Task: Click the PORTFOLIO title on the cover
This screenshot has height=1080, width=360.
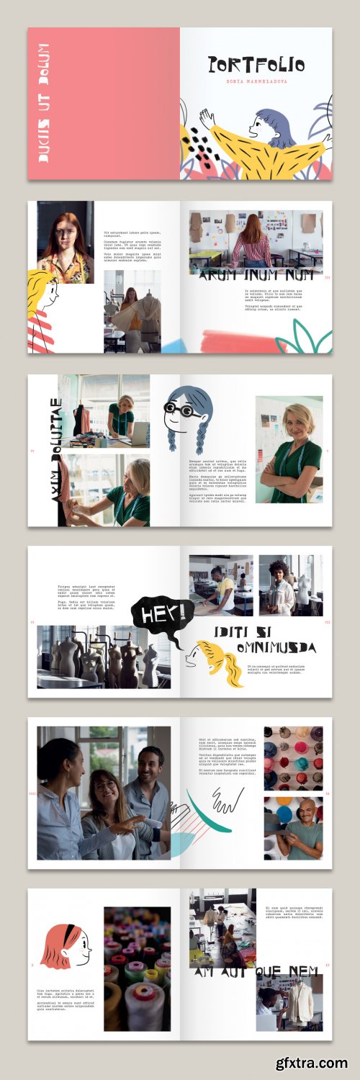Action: tap(256, 66)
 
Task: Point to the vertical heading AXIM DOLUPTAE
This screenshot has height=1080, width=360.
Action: tap(55, 451)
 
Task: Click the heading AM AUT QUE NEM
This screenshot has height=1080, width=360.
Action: tap(256, 972)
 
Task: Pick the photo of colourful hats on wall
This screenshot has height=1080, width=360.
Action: tap(293, 758)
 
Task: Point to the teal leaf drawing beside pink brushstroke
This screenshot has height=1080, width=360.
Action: tap(310, 336)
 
